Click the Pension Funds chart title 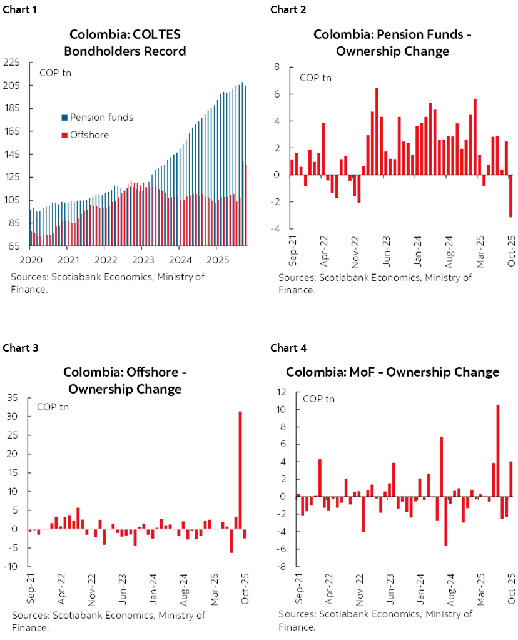point(392,42)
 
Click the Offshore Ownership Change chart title point(125,380)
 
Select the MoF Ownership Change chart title point(392,372)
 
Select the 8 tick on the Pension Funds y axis point(276,67)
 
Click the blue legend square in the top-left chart point(64,117)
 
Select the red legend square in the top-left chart point(64,135)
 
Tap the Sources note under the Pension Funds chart point(375,283)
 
